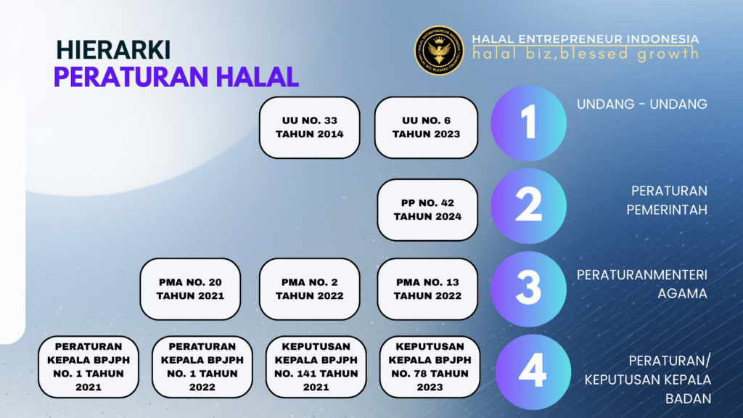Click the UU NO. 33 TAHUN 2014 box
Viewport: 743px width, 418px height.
pyautogui.click(x=310, y=127)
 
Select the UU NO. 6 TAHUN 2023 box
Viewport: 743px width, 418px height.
pyautogui.click(x=426, y=127)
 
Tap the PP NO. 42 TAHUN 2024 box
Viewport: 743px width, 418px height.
pyautogui.click(x=427, y=209)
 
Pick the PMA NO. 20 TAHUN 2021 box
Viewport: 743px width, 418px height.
pyautogui.click(x=190, y=289)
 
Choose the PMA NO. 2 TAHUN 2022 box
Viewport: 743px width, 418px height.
pyautogui.click(x=310, y=289)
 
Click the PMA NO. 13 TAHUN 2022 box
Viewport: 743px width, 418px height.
pyautogui.click(x=427, y=289)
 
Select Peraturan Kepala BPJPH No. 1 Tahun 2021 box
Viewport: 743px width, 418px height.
pyautogui.click(x=89, y=366)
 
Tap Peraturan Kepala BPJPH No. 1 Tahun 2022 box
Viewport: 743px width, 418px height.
pyautogui.click(x=202, y=366)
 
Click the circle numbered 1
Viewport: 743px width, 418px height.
pyautogui.click(x=528, y=123)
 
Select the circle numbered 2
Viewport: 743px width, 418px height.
pyautogui.click(x=528, y=205)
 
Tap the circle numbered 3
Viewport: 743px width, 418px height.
pyautogui.click(x=528, y=288)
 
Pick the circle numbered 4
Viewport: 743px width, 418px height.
pyautogui.click(x=532, y=372)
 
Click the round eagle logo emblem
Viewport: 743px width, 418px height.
pyautogui.click(x=439, y=51)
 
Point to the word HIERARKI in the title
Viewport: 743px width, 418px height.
pyautogui.click(x=113, y=49)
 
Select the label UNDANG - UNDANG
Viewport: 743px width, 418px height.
pyautogui.click(x=641, y=104)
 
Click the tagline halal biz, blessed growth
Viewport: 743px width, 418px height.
pyautogui.click(x=585, y=54)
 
